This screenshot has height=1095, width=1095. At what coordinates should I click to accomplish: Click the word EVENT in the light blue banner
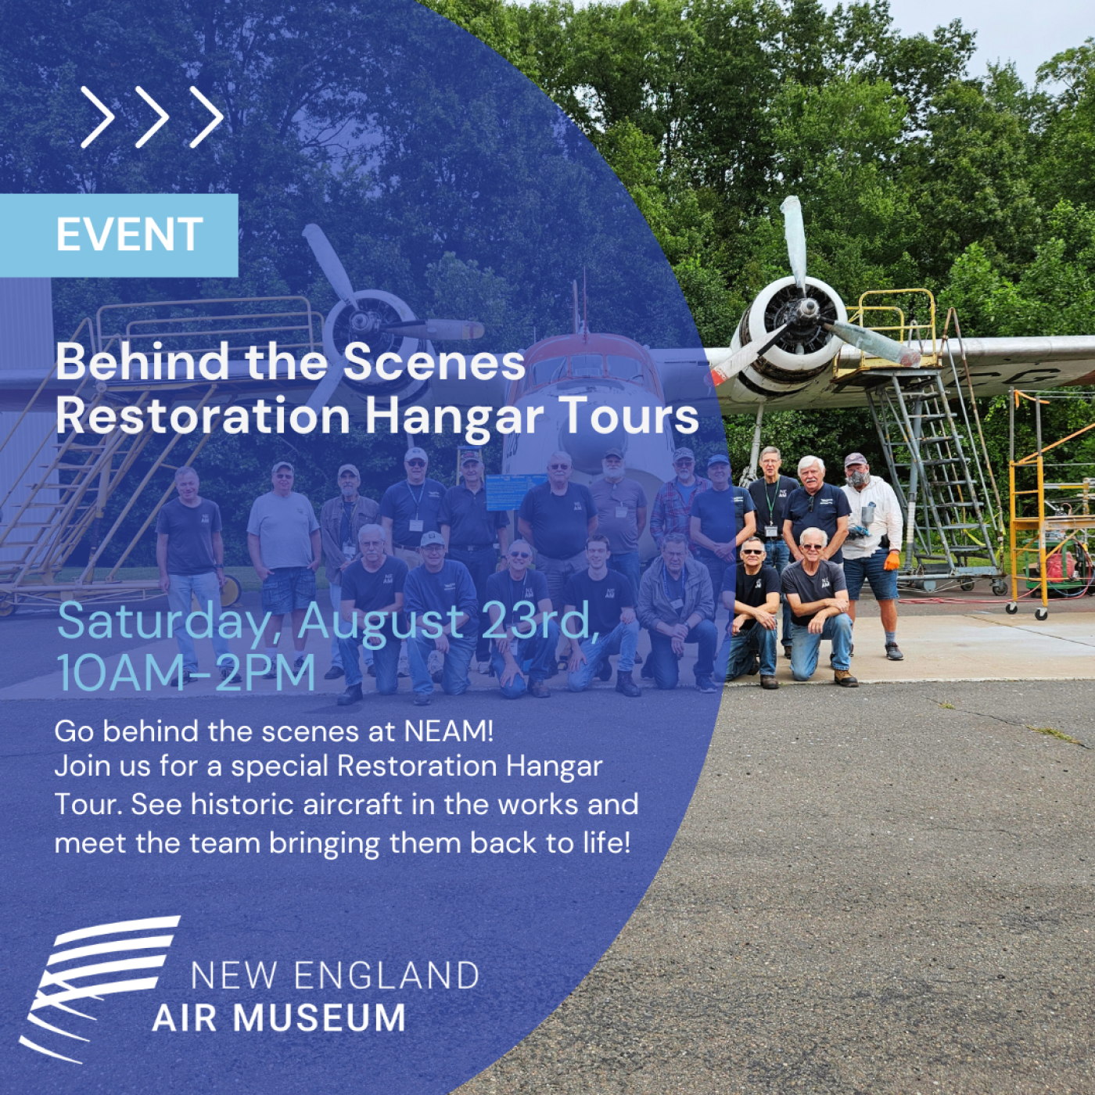coord(130,234)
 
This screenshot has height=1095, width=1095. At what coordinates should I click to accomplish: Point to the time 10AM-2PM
coord(186,673)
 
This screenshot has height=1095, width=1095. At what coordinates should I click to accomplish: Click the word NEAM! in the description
coord(449,731)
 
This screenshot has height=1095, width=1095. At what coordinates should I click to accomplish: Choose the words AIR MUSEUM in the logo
coord(279,1018)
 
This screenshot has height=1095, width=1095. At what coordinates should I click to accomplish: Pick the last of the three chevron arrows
coord(206,117)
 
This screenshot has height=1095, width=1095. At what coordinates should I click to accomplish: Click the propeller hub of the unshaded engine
coord(805,309)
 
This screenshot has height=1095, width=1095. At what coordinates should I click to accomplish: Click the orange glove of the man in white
coord(891,561)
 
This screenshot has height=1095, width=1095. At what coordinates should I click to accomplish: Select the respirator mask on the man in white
coord(856,478)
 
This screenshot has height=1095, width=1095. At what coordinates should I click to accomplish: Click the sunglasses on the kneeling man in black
coord(752,552)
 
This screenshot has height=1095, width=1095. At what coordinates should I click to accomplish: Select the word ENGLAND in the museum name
coord(386,975)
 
